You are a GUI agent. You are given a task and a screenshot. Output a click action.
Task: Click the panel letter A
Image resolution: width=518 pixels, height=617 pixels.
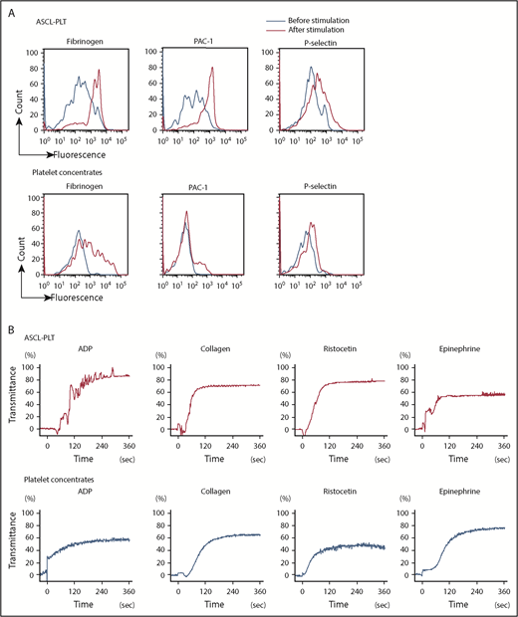pyautogui.click(x=8, y=7)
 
